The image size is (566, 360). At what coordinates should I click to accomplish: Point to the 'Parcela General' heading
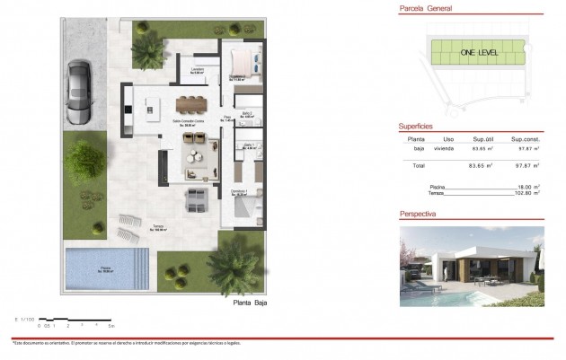427,9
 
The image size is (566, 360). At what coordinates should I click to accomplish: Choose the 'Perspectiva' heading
418,215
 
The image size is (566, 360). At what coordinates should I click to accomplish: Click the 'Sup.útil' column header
482,140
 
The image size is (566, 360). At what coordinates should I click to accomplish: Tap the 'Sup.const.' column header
524,140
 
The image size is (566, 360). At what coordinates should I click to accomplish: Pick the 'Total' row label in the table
418,166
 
